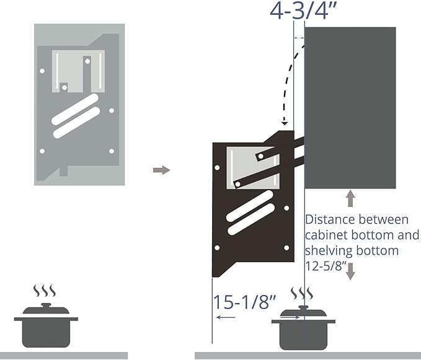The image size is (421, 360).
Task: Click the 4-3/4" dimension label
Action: coord(303,11)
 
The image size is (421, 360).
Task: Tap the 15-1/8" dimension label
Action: coord(245,302)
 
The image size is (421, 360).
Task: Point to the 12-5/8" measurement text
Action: coord(325,266)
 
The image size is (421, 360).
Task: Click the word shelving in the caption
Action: coord(328,251)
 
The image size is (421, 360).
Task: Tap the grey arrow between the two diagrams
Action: coord(161,170)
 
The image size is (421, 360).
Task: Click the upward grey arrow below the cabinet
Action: coord(350,198)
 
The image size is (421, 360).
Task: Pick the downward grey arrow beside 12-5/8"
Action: coord(350,271)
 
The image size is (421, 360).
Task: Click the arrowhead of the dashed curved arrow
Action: coord(285,123)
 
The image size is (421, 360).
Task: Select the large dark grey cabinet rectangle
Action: coord(350,108)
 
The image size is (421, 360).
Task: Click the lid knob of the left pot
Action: coord(46,305)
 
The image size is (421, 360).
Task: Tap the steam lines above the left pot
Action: coord(45,291)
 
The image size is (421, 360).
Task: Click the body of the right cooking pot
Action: coord(303,336)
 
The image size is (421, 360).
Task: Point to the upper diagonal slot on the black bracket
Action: coord(250,206)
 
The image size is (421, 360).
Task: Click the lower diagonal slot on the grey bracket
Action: coord(76,123)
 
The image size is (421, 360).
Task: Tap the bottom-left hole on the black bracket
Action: coord(217,248)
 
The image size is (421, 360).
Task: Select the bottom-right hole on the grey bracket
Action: coord(112,151)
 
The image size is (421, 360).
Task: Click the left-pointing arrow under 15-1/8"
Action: coord(226,317)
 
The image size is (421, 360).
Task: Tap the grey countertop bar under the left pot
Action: coord(64,356)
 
